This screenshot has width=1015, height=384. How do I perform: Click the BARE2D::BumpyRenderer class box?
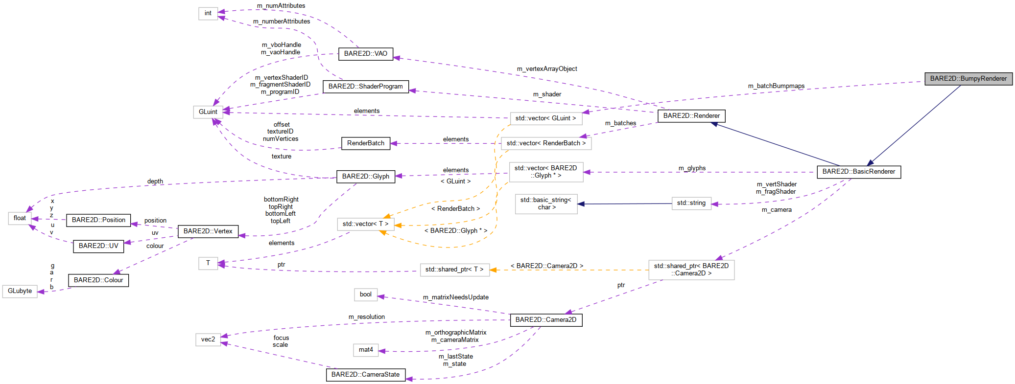(968, 79)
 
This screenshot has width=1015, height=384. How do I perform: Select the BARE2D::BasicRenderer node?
(858, 172)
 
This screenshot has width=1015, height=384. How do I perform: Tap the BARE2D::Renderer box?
(691, 116)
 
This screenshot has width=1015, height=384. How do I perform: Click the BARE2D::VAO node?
(365, 54)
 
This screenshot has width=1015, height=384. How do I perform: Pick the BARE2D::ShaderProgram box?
(365, 87)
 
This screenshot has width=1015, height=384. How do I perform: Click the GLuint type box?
(208, 112)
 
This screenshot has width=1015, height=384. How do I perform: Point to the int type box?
(208, 13)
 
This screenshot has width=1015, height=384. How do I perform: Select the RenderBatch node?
(365, 143)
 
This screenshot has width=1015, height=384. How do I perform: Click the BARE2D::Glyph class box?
(365, 177)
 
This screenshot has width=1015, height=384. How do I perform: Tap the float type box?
(20, 218)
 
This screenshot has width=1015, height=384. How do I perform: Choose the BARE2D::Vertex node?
(208, 231)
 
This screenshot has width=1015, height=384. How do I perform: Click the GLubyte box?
(20, 291)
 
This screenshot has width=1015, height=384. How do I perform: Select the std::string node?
(691, 203)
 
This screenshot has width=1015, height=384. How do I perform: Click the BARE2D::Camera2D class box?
(545, 320)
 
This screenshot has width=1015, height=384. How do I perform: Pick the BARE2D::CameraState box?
(365, 375)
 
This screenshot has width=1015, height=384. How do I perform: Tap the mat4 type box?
(365, 350)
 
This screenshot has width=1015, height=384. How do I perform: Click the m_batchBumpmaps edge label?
(776, 86)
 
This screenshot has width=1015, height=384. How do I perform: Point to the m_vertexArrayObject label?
(546, 69)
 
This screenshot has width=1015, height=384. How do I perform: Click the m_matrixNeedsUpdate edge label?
(455, 297)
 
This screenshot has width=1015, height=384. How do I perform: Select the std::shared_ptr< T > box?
(454, 270)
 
